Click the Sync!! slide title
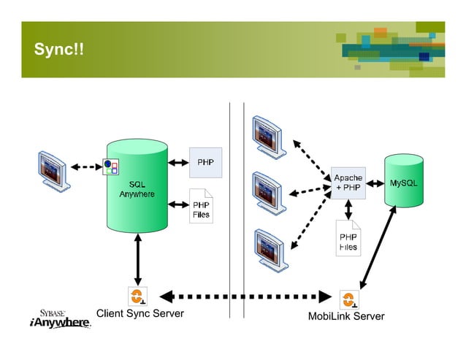coord(58,50)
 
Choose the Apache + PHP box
coord(348,183)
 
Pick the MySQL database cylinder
coord(404,181)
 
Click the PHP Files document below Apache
coord(348,238)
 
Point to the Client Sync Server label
coord(140,314)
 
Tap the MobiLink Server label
coord(345,316)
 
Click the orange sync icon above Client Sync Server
coord(137,297)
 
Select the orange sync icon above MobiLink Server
coord(349,299)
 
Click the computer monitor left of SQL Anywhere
coord(55,169)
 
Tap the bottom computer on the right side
coord(270,248)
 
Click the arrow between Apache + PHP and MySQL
coord(375,183)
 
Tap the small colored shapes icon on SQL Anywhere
coord(110,168)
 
